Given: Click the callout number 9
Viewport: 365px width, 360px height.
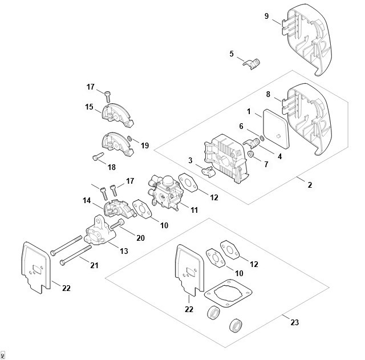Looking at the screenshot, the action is tap(266, 16).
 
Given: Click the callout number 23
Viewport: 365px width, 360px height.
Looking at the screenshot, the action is tap(294, 322).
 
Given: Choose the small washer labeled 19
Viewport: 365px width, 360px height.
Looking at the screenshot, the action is tap(129, 139).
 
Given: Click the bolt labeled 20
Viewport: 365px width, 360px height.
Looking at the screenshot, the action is tap(117, 224).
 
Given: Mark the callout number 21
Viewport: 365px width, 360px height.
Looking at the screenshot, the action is tap(94, 265).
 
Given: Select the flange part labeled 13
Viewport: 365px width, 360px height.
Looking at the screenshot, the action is tap(98, 230).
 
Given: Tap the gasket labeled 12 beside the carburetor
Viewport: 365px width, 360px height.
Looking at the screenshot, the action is tap(188, 183).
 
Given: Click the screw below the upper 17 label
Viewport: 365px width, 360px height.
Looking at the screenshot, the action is tap(108, 96).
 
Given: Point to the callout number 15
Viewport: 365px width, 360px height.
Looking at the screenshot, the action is tap(89, 107).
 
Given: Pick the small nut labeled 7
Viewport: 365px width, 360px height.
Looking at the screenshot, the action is tap(251, 153).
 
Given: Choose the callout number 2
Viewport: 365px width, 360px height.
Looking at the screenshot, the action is tap(310, 185).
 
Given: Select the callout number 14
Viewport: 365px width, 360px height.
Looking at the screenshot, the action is tap(87, 200).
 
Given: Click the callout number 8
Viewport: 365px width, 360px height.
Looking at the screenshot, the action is tap(268, 94).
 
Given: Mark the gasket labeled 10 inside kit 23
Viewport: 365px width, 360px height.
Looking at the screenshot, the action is tap(216, 258).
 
